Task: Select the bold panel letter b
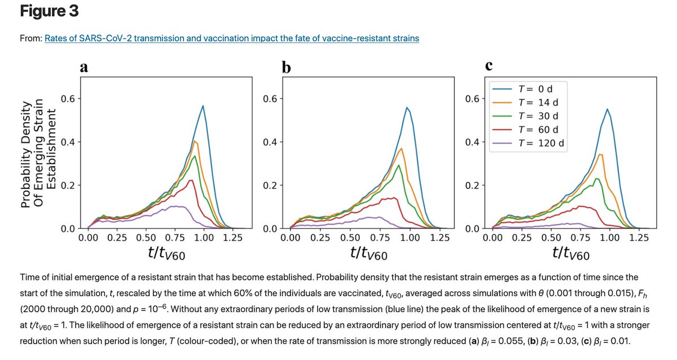(x=286, y=68)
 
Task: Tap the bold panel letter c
(x=489, y=65)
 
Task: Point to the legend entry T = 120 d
(x=541, y=143)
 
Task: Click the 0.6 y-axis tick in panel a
(x=68, y=99)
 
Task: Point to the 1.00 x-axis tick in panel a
(x=204, y=238)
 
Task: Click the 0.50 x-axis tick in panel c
(x=551, y=238)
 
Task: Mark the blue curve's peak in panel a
(x=203, y=106)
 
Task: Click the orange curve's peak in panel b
(x=402, y=148)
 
